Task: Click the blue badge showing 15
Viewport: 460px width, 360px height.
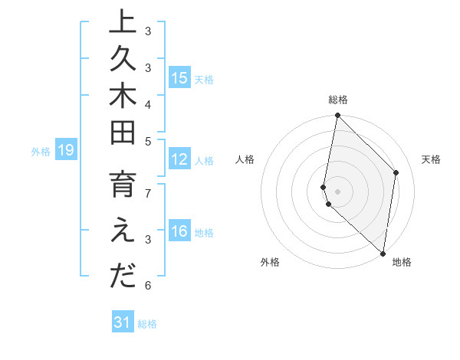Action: [179, 77]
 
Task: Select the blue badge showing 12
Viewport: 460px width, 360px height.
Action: [179, 159]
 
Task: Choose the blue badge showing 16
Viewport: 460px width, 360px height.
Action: [179, 231]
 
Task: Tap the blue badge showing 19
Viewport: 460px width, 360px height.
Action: [66, 151]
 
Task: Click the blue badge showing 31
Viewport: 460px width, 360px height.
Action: [123, 322]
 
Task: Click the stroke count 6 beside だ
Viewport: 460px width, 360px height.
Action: [148, 286]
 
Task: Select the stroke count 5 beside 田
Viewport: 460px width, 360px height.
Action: [148, 140]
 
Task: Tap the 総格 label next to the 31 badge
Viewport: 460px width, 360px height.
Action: [147, 324]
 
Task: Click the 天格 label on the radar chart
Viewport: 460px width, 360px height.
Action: [431, 159]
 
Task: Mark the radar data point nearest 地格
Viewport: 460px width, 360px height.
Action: [383, 253]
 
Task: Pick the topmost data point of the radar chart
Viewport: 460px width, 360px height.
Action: [337, 116]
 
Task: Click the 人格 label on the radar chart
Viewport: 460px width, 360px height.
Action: [245, 159]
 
